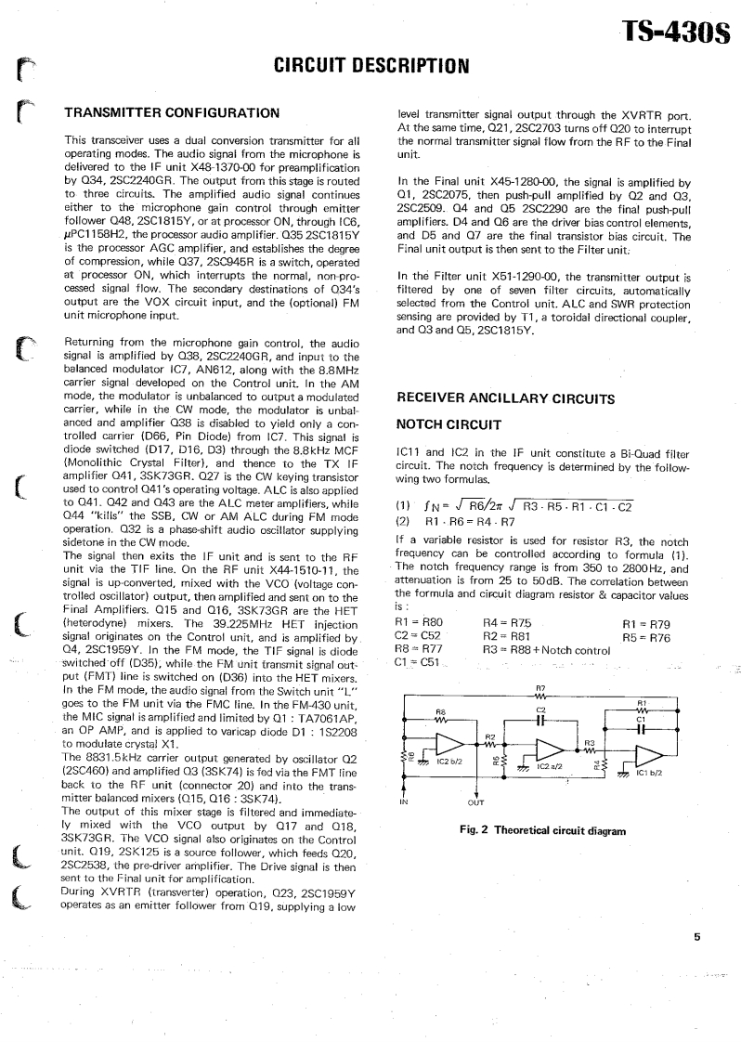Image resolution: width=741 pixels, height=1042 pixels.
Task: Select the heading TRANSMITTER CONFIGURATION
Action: click(x=172, y=112)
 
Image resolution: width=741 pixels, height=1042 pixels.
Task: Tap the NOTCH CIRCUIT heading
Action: click(x=448, y=424)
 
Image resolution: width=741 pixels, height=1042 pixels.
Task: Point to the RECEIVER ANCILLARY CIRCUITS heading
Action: click(x=505, y=398)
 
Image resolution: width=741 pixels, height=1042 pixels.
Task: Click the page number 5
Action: click(x=696, y=937)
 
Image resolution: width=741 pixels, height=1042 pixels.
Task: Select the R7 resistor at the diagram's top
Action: click(x=540, y=693)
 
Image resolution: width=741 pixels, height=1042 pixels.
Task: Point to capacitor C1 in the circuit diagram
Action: click(x=641, y=727)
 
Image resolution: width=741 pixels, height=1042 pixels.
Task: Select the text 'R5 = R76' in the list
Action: click(x=645, y=637)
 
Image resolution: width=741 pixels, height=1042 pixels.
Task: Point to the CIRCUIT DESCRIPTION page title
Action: click(x=370, y=66)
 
